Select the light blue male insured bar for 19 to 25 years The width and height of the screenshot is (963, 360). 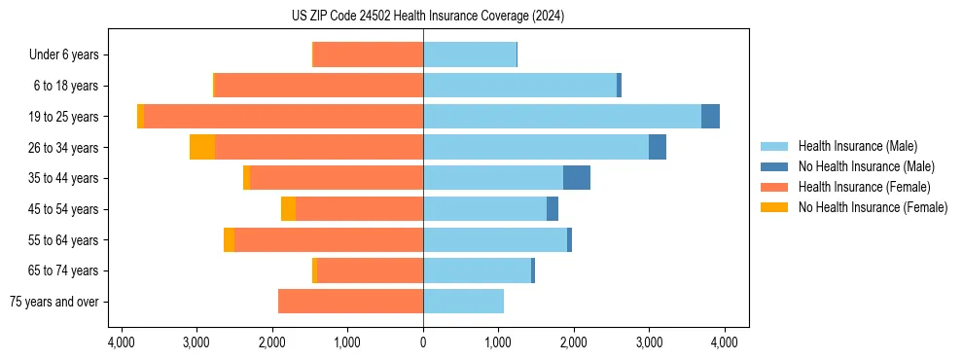coord(561,117)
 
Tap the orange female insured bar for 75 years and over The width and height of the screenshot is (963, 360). coord(350,302)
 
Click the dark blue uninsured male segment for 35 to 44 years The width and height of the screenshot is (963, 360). coord(576,178)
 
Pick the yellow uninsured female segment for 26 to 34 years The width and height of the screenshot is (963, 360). coord(202,147)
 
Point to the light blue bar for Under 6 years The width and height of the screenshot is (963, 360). coord(469,54)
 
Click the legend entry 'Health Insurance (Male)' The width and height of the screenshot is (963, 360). coord(857,146)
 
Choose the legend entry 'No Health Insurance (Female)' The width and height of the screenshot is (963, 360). coord(873,207)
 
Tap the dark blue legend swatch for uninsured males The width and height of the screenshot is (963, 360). coord(774,166)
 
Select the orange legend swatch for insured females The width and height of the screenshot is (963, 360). coord(774,187)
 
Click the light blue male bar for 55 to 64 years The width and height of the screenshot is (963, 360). coord(494,240)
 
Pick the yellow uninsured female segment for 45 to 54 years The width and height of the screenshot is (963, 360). coord(288,209)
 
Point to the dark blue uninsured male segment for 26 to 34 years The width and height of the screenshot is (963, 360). coord(658,147)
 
